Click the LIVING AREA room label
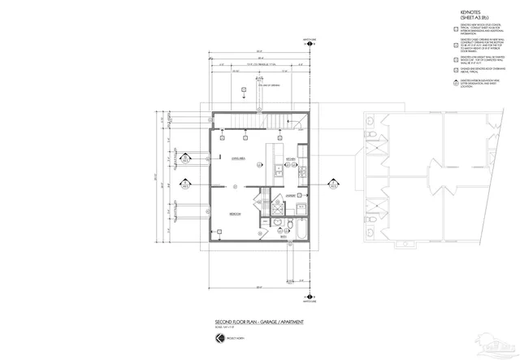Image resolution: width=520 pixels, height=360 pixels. [238, 158]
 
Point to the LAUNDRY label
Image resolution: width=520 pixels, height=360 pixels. [289, 197]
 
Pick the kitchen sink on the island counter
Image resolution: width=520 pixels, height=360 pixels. [278, 170]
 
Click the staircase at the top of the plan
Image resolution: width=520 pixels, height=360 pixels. [256, 122]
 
